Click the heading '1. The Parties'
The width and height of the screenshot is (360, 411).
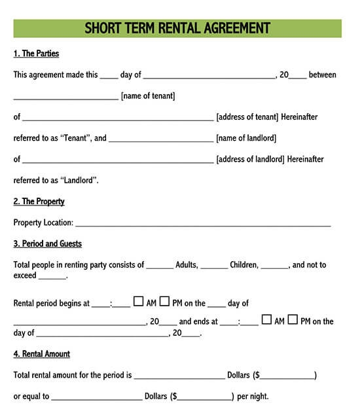[36, 54]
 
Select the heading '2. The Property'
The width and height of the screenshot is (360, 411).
[39, 202]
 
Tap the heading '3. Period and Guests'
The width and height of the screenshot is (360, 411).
[48, 243]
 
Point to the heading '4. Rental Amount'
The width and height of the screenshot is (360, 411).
[42, 354]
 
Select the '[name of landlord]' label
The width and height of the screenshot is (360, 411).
[246, 138]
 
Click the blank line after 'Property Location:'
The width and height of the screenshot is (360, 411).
[203, 224]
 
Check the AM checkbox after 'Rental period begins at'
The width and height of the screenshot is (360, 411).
[138, 302]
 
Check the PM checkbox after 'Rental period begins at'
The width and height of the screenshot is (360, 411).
[165, 302]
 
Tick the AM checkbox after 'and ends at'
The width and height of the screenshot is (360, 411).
[266, 319]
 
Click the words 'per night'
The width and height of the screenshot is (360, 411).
[253, 397]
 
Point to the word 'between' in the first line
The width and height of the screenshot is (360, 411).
[322, 75]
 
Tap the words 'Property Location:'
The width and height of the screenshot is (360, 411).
[43, 223]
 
